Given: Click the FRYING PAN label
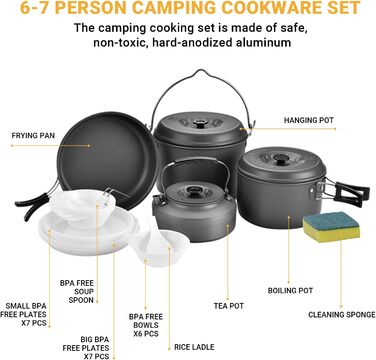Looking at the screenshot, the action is (33, 136).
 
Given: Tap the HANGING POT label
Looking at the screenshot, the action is (309, 120).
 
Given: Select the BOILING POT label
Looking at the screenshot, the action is (290, 290).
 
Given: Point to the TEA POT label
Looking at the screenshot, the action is (229, 305).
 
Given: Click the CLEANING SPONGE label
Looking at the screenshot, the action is (342, 314).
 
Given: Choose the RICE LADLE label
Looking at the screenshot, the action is (194, 347).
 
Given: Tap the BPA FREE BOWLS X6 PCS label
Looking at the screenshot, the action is (146, 325).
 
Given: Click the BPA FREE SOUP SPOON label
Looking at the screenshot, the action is (77, 291).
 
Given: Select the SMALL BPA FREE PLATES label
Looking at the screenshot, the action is (23, 314).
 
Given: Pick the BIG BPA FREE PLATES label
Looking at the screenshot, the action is (86, 348).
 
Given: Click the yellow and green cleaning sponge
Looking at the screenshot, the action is (331, 227).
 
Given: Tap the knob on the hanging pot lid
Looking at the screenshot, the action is (200, 124).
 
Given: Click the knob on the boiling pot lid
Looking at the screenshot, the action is (281, 159).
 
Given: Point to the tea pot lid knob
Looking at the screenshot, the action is (193, 191).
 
